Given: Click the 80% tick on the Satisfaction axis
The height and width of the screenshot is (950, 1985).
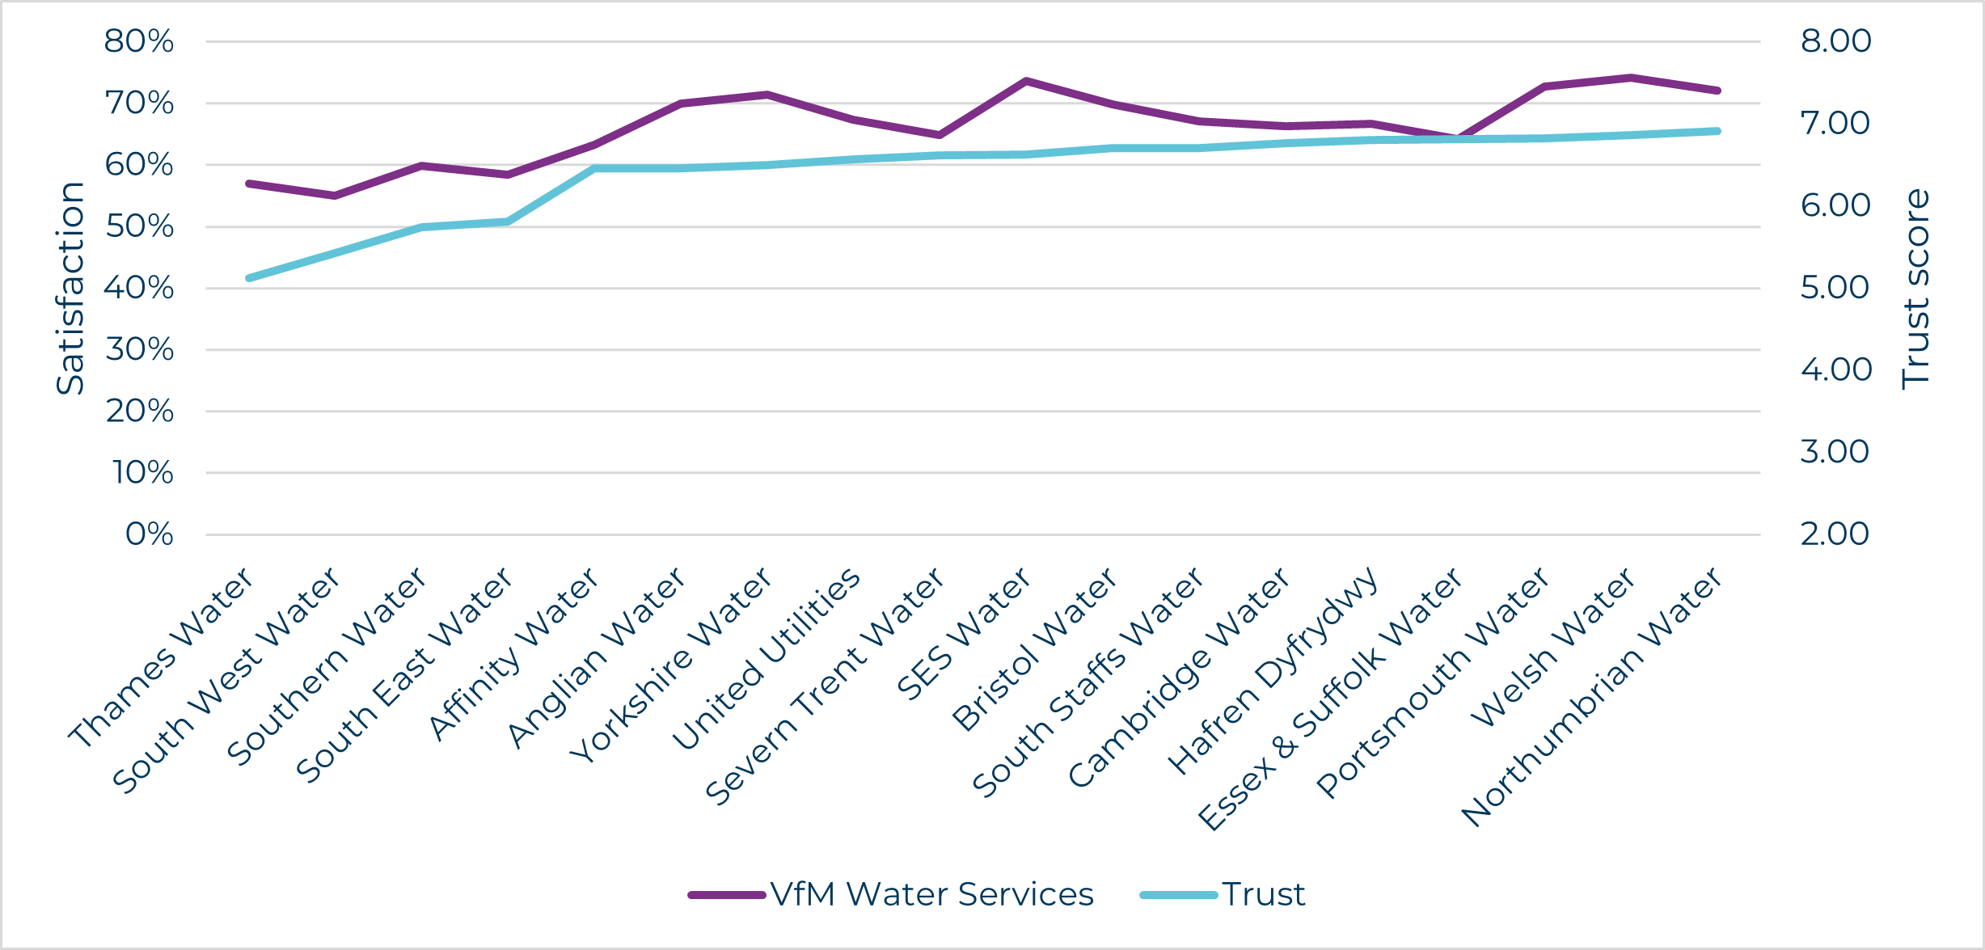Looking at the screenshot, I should (x=139, y=41).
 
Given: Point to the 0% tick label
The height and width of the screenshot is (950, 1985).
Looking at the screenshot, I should (x=150, y=534).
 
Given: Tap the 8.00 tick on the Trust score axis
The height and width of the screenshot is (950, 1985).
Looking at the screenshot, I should (x=1835, y=41).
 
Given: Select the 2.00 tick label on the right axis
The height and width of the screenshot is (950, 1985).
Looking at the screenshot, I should (x=1835, y=534).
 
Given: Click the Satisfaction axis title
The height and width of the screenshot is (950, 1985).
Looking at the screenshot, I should (x=70, y=288).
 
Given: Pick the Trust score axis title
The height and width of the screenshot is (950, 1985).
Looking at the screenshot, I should (x=1915, y=289).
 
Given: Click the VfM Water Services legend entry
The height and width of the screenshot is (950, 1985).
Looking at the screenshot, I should (x=891, y=894).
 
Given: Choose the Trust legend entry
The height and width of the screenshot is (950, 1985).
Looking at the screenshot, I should (x=1223, y=894).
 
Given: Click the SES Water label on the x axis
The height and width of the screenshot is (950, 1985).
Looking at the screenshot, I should (x=964, y=633).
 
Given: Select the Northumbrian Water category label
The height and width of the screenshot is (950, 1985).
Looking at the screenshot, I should (x=1591, y=697).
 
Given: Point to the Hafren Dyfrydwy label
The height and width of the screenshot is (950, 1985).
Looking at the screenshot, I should (x=1273, y=670).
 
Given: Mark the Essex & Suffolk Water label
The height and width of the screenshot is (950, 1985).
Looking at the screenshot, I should (x=1329, y=699).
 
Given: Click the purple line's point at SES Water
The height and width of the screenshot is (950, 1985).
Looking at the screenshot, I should (x=1025, y=81).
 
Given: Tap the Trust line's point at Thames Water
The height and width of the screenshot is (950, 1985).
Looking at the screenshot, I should (x=249, y=278).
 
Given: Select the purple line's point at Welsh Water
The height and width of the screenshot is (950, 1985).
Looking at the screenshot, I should (x=1630, y=78).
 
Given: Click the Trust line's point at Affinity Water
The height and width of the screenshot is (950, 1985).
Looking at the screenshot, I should (x=594, y=169).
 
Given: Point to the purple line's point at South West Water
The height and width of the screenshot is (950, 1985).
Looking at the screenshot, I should (x=335, y=196).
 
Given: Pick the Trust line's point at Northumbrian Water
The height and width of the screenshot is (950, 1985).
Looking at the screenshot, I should (x=1717, y=131).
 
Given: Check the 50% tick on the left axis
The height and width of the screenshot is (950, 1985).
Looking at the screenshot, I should (x=139, y=226).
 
